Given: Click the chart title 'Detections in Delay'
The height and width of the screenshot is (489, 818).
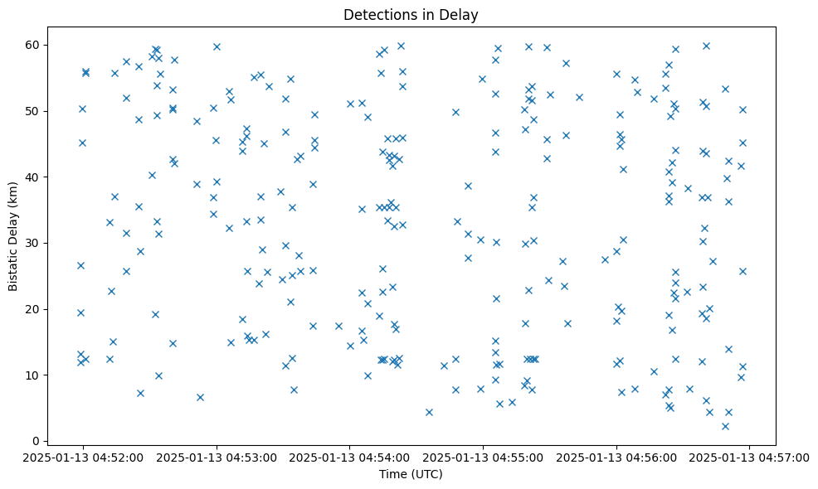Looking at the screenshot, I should point(411,15).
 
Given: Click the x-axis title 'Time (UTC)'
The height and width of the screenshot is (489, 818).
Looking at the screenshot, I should point(411,475).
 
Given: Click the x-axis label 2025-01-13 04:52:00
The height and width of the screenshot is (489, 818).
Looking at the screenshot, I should point(82,457).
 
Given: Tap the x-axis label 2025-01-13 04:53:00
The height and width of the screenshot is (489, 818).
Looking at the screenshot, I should point(216,457).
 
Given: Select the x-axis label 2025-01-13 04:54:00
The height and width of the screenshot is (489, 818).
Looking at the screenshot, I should point(349,457).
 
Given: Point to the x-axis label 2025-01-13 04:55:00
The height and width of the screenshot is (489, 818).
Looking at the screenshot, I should point(483,457).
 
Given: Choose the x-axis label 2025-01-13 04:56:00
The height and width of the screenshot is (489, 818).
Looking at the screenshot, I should point(616,457).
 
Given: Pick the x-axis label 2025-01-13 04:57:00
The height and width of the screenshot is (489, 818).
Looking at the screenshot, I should point(750,457).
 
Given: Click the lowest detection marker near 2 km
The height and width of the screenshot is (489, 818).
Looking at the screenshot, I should point(725,426).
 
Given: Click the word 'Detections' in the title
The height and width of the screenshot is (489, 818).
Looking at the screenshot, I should point(378,15).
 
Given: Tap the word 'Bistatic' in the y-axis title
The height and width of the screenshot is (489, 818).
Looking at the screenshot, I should point(13,264).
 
